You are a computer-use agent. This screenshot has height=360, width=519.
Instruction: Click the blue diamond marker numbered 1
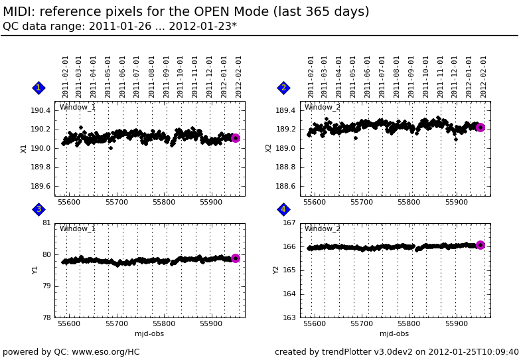tap(38, 88)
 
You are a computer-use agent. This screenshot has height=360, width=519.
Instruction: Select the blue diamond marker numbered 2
tap(283, 88)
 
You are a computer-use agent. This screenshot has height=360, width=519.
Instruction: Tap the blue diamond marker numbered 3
tap(38, 209)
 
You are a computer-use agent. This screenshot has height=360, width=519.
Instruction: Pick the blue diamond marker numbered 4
tap(283, 209)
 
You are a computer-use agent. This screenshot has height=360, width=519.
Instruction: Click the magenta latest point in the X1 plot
tap(235, 138)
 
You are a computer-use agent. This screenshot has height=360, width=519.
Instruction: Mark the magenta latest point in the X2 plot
tap(481, 128)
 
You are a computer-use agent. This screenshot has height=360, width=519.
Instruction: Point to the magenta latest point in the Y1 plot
tap(235, 258)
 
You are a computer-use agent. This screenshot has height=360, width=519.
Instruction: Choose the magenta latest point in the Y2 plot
tap(481, 245)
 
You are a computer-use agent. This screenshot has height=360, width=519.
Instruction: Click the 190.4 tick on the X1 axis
tap(41, 111)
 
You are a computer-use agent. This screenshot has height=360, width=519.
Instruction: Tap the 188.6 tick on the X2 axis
tap(286, 187)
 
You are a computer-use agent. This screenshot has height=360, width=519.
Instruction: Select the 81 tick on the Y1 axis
tap(46, 223)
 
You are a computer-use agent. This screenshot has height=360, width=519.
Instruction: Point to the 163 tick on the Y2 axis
tap(289, 318)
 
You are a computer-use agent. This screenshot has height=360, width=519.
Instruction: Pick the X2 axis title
tap(269, 148)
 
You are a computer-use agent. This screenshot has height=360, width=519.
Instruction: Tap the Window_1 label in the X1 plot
tap(78, 108)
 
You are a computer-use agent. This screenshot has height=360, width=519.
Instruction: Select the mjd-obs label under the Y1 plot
tap(149, 334)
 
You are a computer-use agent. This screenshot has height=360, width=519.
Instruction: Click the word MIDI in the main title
tap(21, 12)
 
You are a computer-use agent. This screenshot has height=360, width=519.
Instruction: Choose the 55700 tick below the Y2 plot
tap(362, 324)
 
